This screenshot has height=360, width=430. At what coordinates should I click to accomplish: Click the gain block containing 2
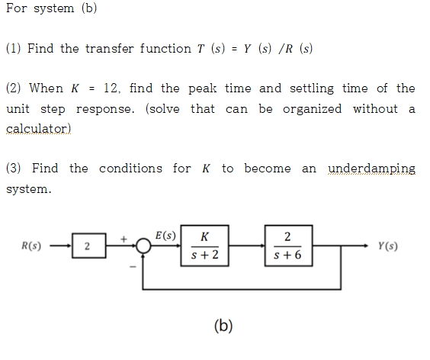[87, 246]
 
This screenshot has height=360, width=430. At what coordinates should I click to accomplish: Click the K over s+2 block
[204, 246]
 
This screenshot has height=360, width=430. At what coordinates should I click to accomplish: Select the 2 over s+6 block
[287, 246]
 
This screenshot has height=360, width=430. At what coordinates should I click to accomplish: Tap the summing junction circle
[142, 246]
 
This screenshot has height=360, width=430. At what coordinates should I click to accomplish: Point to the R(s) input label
[31, 246]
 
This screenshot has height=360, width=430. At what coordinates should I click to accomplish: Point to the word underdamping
[371, 168]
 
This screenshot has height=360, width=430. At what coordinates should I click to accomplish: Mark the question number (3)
[14, 168]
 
